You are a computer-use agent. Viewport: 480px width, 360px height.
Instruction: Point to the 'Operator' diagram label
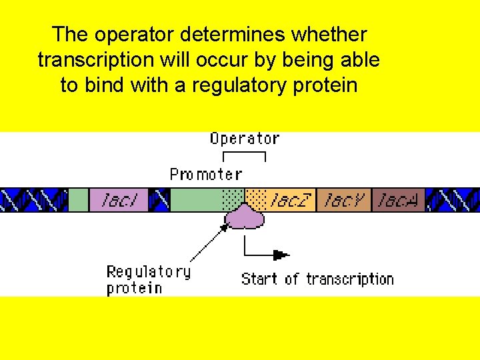(244, 139)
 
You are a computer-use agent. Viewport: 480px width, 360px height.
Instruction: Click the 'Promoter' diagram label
(205, 175)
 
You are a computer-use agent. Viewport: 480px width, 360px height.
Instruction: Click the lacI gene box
(117, 200)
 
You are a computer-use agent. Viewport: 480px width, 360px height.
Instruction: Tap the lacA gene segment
(398, 200)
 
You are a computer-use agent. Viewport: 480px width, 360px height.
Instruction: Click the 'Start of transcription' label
(317, 279)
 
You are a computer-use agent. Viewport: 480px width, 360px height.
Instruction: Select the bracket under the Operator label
(244, 156)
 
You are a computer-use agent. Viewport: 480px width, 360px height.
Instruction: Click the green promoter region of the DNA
(196, 200)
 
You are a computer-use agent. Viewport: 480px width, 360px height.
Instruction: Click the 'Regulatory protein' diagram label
(148, 280)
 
